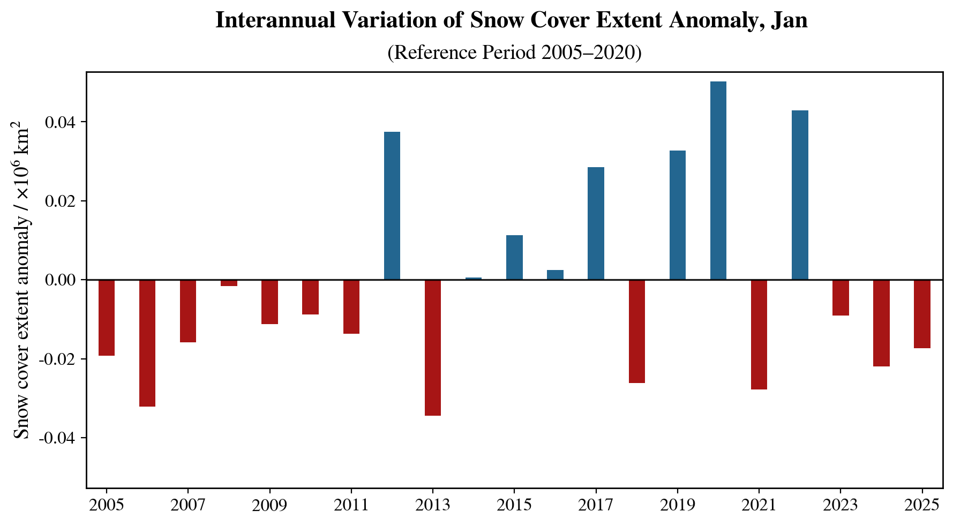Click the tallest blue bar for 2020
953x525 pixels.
point(718,181)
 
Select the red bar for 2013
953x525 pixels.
point(433,348)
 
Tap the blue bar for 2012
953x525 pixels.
point(392,206)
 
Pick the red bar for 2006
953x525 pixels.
point(147,343)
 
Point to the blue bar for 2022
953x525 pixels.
point(800,195)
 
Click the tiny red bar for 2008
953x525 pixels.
point(229,283)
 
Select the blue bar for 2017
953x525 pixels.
point(596,223)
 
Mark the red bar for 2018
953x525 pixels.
point(636,331)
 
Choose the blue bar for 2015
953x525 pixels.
point(514,257)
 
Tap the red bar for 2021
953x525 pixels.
point(759,334)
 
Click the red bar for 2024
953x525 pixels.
point(881,323)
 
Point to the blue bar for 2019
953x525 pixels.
point(677,215)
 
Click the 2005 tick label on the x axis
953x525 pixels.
point(107,505)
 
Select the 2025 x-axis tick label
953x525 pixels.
point(922,505)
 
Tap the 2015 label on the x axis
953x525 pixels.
point(514,505)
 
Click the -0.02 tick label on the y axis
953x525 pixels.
point(59,359)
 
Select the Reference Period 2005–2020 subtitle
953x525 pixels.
point(514,52)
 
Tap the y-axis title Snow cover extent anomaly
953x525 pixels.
point(22,281)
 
